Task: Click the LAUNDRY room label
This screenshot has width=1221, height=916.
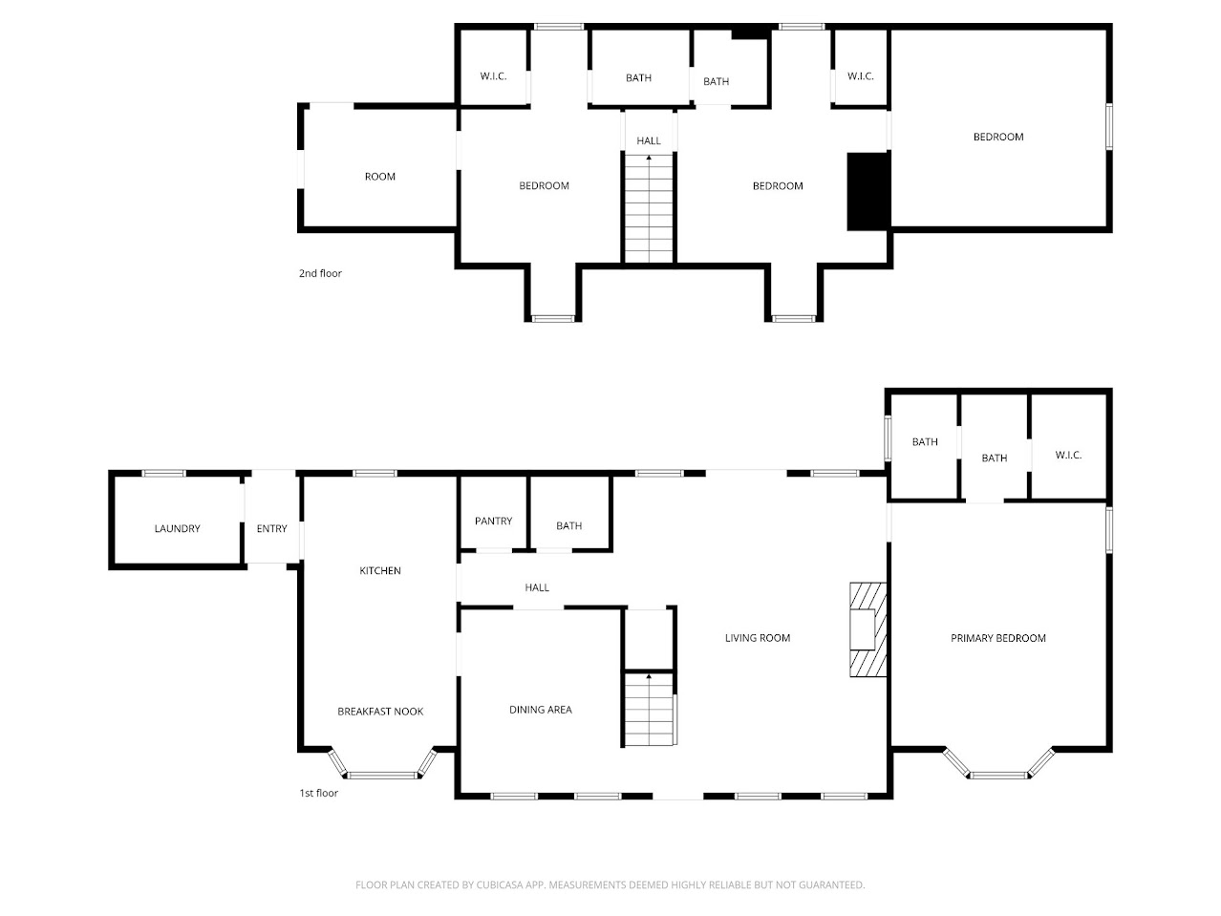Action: [177, 528]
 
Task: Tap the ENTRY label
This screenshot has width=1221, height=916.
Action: [271, 528]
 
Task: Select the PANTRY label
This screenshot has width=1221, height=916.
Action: [493, 521]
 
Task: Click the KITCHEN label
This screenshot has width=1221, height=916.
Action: [379, 570]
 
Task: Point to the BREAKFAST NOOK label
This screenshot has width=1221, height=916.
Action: [379, 711]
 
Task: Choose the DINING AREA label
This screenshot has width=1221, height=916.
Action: [540, 709]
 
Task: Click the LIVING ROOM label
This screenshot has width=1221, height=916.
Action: [757, 637]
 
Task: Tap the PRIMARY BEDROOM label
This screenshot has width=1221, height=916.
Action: [997, 637]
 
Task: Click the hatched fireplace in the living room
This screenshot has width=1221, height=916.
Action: [868, 629]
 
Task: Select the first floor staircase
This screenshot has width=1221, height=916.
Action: [650, 709]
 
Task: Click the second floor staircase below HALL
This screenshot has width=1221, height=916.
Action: [649, 207]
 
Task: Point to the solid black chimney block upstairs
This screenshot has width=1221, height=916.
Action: [868, 191]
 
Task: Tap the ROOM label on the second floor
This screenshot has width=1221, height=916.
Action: [379, 176]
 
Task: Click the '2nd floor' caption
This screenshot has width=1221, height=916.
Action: [320, 273]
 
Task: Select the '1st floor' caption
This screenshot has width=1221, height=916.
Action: [319, 793]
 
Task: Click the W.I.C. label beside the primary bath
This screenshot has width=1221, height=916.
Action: [1068, 455]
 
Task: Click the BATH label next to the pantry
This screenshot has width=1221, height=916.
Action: [568, 525]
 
